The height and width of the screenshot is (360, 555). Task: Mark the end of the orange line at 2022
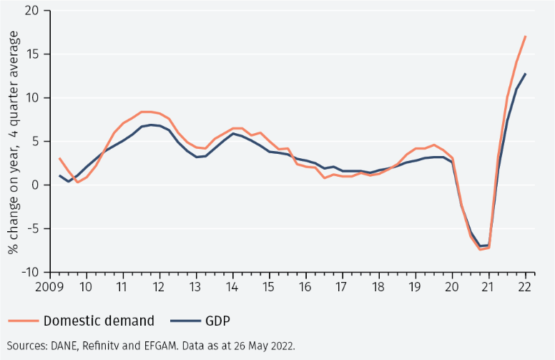tap(526, 36)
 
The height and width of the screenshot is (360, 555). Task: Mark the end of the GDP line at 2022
tap(526, 74)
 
